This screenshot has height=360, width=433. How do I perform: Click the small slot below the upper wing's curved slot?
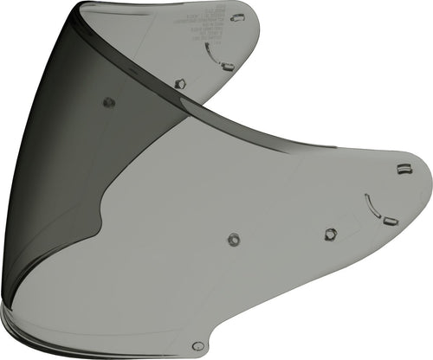tap(227, 66)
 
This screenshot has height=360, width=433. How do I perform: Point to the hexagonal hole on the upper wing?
tap(180, 83)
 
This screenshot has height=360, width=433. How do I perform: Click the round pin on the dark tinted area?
tap(109, 102)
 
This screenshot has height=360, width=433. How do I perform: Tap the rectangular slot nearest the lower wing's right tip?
tap(403, 169)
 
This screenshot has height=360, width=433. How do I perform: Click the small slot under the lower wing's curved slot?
tap(390, 221)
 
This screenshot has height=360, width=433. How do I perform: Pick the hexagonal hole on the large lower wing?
tap(330, 234)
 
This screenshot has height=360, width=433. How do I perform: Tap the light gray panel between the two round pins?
tap(173, 173)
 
